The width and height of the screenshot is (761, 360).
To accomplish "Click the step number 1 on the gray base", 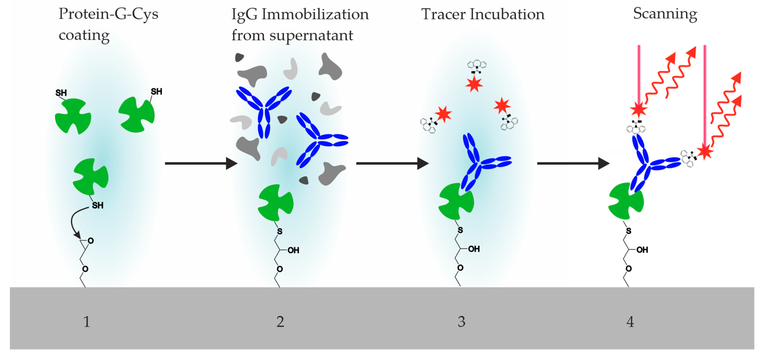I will pos(86,322).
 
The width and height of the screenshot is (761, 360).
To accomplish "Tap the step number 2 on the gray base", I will pos(280,322).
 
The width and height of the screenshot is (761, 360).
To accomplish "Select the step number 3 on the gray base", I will pos(462,322).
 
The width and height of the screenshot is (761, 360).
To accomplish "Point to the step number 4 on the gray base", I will pos(630,322).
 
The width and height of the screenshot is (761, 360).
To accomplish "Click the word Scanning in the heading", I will pos(665,14).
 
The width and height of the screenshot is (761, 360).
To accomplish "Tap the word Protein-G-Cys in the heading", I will pos(109,14).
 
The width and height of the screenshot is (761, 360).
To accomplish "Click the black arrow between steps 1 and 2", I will pos(201,163).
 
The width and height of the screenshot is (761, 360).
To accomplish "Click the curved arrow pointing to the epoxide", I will pos(74,222).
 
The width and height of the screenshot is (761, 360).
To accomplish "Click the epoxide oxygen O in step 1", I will pos(91,241).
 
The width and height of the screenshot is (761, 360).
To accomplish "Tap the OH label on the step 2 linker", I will pos(293,250).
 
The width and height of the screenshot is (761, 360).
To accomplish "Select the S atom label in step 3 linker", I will pos(460,230).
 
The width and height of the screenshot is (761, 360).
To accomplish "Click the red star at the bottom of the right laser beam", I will pos(705,152).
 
